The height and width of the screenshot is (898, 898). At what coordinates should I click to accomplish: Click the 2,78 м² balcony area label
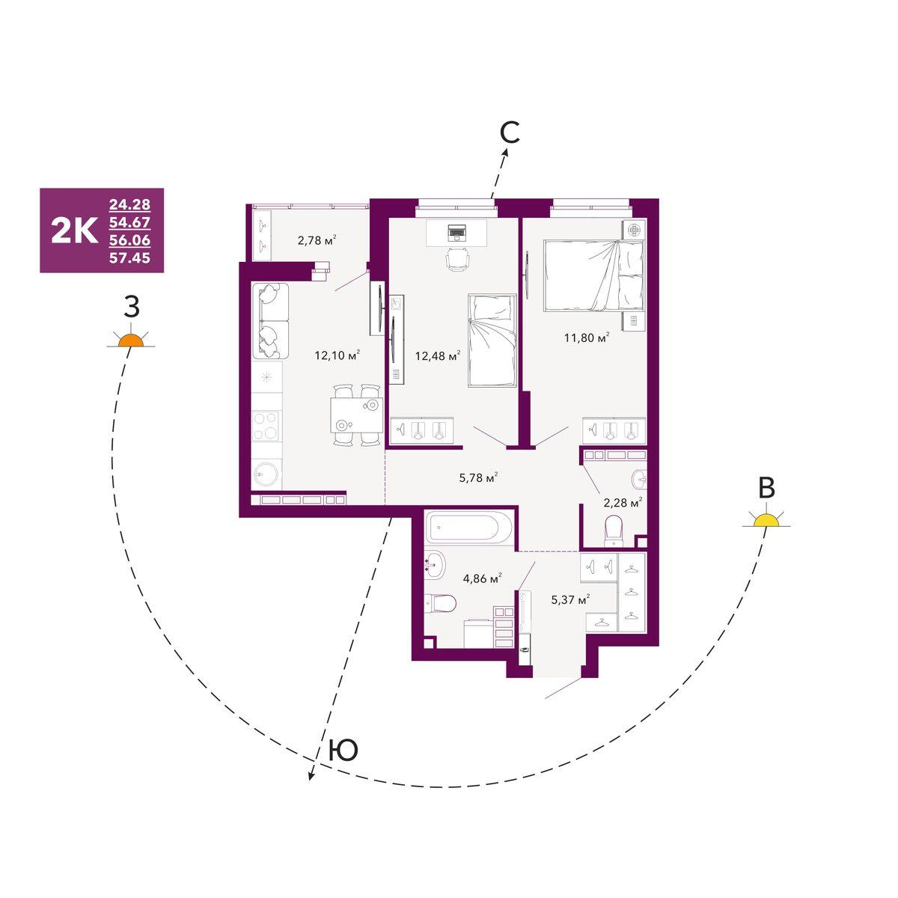(317, 240)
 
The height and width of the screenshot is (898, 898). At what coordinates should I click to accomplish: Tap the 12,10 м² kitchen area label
(337, 355)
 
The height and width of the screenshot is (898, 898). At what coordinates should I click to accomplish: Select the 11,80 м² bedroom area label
(587, 337)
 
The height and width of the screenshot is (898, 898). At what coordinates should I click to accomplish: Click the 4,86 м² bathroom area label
(483, 578)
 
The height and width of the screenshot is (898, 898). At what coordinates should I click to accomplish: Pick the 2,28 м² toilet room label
(623, 503)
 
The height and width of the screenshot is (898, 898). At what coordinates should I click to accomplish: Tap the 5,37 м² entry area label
(571, 599)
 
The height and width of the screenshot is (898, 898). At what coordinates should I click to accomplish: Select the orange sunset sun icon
(130, 340)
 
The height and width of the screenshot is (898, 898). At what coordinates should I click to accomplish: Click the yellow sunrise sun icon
(766, 519)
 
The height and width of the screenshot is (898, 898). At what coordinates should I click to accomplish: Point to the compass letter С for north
(510, 133)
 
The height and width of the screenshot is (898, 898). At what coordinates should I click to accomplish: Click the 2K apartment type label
(75, 230)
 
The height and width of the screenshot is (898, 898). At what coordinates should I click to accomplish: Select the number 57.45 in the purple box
(129, 257)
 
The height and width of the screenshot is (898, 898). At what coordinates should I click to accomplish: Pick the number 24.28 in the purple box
(129, 204)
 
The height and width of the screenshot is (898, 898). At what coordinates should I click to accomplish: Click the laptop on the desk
(456, 231)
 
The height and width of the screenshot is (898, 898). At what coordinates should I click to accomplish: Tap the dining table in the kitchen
(356, 415)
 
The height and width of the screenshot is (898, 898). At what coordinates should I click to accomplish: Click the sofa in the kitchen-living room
(271, 320)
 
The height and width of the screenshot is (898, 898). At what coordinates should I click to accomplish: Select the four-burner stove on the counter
(266, 426)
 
